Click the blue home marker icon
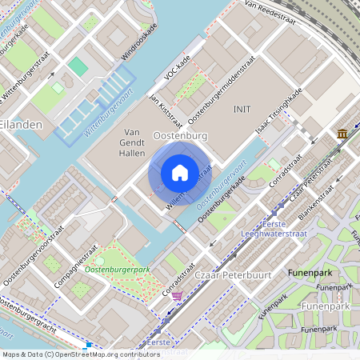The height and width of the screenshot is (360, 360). (179, 173)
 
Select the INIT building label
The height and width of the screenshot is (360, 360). (242, 109)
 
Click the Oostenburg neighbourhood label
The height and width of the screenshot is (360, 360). (180, 136)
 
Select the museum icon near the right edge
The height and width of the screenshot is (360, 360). (342, 134)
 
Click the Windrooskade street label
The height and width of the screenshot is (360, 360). (136, 47)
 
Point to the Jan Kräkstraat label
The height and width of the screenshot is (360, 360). (162, 105)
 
